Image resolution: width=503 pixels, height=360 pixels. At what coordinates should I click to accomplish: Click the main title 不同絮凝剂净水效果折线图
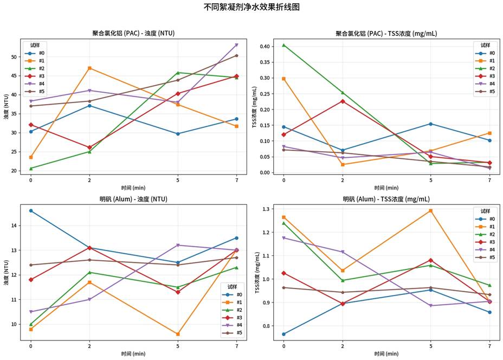[x=251, y=7]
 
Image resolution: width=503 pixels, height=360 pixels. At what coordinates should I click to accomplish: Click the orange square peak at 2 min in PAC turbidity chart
[x=89, y=68]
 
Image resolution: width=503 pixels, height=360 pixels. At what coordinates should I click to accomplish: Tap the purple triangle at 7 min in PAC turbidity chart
[x=236, y=45]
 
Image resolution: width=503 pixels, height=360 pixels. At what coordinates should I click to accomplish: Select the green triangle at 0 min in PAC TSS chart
[x=283, y=45]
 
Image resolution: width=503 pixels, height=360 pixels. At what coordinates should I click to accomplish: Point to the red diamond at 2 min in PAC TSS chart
[x=343, y=101]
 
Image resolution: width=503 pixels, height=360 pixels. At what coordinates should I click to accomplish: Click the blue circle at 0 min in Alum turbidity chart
[x=31, y=210]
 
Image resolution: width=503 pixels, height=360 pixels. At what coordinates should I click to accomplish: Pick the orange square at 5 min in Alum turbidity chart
[x=178, y=334]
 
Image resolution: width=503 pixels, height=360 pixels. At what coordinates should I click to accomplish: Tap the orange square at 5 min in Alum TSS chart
[x=431, y=210]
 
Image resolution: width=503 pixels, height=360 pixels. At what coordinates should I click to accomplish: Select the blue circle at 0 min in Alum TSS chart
[x=283, y=334]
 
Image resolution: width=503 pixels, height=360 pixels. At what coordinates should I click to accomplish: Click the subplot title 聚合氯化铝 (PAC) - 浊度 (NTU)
[x=133, y=34]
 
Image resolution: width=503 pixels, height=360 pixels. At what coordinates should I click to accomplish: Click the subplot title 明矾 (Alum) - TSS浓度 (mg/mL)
[x=386, y=200]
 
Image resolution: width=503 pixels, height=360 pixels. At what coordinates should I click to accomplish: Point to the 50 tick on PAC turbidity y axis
[x=14, y=56]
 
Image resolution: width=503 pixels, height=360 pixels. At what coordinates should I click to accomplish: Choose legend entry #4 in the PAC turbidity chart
[x=41, y=84]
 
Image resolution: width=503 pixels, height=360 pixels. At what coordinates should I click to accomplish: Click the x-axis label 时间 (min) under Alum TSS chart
[x=386, y=353]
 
